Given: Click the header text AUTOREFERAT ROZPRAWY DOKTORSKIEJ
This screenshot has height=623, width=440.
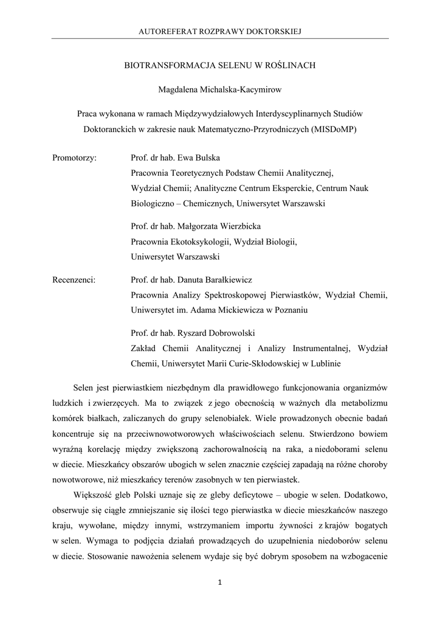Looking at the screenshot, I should click(220, 30).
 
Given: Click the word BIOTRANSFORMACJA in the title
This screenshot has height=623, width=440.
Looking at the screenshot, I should click(159, 64).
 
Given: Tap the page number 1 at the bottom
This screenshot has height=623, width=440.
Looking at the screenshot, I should click(220, 583).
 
